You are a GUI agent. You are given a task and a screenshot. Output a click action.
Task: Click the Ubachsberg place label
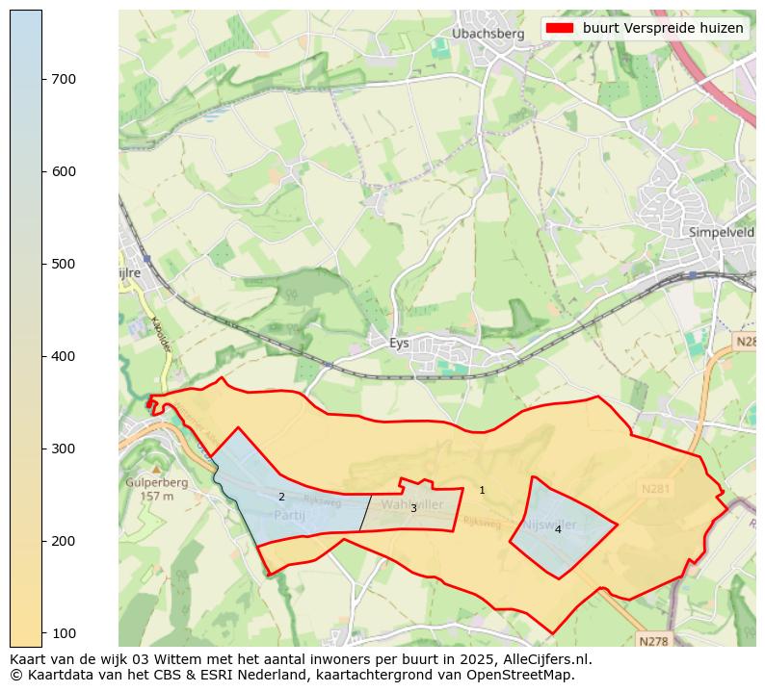[x=488, y=34]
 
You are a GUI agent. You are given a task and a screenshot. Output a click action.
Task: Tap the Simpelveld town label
[x=722, y=232]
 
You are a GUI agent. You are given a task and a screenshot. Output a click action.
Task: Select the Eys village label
[x=399, y=343]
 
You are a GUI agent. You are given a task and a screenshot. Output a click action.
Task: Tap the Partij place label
[x=288, y=516]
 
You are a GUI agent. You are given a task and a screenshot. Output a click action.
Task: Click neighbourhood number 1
[x=482, y=491]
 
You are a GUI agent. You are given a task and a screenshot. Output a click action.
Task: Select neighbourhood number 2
[x=281, y=498]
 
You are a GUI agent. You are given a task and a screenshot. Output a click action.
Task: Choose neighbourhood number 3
[x=413, y=509]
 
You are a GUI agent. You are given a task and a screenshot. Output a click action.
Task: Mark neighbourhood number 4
[x=558, y=530]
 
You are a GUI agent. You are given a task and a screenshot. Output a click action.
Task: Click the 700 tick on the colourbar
[x=64, y=79]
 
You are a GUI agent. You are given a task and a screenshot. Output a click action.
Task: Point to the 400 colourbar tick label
[x=64, y=356]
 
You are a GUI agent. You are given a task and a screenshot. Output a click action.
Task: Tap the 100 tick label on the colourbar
[x=64, y=633]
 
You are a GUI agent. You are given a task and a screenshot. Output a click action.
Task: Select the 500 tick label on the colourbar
[x=64, y=264]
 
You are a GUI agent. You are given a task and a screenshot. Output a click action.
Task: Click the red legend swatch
[x=560, y=29]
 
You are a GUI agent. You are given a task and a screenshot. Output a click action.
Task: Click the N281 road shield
[x=657, y=490]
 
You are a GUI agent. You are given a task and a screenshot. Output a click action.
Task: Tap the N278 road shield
[x=652, y=640]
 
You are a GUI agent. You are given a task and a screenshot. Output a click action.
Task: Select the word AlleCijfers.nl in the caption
[x=546, y=660]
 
